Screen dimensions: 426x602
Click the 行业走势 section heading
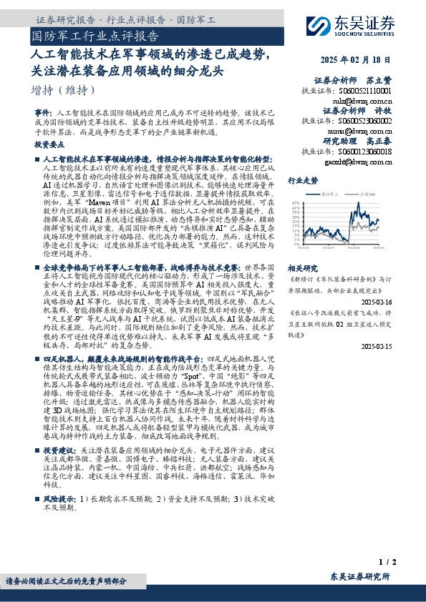click(x=302, y=181)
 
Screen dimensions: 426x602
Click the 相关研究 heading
click(x=302, y=265)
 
